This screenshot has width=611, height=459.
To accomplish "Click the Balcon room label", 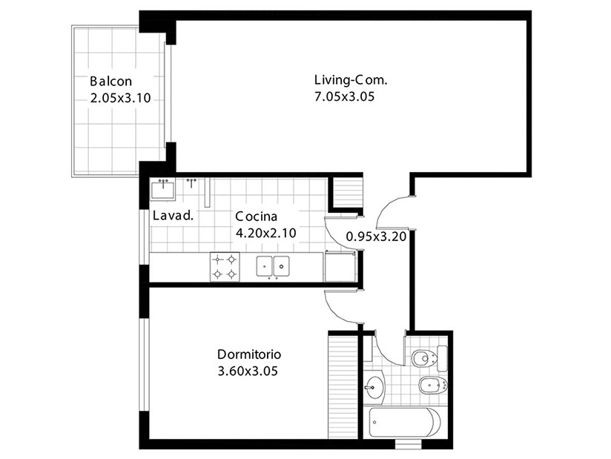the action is (x=111, y=81).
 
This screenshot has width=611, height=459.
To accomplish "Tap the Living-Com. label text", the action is (x=351, y=80).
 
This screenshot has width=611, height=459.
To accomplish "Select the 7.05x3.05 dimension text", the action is (x=345, y=96).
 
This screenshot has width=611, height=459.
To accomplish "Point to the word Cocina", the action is (x=257, y=216).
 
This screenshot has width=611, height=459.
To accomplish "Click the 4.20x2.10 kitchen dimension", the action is (x=266, y=233).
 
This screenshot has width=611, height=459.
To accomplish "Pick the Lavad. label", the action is (x=173, y=216).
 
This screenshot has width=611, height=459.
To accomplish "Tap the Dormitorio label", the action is (x=249, y=354).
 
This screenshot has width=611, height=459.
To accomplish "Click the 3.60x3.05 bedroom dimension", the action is (x=248, y=371).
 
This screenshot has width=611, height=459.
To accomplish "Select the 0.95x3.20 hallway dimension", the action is (x=377, y=237).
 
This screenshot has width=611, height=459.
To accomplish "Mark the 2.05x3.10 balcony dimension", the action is (x=120, y=97).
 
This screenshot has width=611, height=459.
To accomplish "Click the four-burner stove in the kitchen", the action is (x=225, y=267).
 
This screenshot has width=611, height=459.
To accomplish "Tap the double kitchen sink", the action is (x=273, y=266).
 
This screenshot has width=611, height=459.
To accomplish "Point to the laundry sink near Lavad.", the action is (x=163, y=190).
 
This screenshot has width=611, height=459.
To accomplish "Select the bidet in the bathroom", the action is (x=433, y=386).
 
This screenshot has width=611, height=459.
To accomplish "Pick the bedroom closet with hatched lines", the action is (x=343, y=386).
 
